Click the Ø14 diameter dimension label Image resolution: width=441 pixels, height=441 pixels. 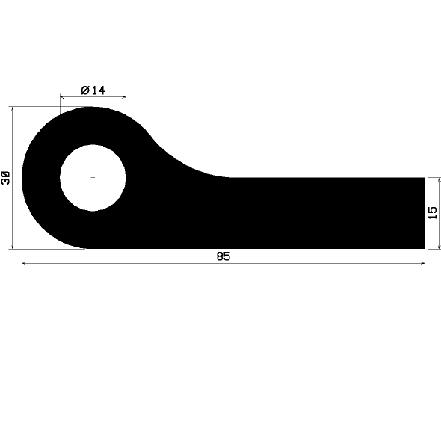93,90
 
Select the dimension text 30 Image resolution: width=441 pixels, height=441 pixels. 7,178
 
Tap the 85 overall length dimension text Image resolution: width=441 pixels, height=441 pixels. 223,256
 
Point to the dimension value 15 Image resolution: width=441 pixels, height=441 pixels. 432,213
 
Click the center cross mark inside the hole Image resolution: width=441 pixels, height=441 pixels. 93,178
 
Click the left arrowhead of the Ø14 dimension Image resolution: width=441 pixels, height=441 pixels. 62,96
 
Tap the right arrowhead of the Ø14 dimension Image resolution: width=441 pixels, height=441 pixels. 123,96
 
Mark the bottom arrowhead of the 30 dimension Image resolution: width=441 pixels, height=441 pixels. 13,245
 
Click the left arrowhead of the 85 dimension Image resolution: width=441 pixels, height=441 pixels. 25,263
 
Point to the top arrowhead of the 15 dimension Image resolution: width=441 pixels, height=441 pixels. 439,180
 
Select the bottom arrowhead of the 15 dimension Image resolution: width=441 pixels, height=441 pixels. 439,245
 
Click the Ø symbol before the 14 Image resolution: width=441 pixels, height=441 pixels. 84,90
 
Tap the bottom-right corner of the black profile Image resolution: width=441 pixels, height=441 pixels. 424,247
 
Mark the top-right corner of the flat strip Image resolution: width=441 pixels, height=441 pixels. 424,178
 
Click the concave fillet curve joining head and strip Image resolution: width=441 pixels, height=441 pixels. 179,161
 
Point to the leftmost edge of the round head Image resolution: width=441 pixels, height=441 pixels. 22,178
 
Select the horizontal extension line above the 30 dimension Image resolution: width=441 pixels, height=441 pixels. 45,107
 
